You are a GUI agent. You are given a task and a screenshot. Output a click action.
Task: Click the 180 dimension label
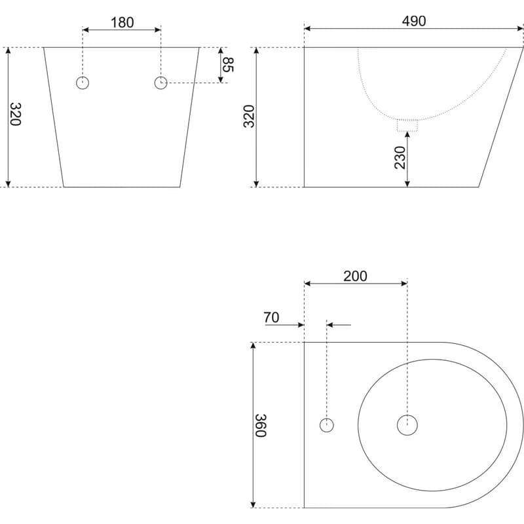[122, 23]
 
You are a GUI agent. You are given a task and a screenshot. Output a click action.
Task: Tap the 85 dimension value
[228, 64]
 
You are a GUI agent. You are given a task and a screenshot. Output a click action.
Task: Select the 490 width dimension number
[414, 21]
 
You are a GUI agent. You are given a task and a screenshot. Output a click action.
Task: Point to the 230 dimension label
[400, 157]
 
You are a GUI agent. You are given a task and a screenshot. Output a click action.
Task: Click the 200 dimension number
[355, 276]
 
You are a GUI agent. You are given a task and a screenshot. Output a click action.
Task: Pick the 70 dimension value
[271, 318]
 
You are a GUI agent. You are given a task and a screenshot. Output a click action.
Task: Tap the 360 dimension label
[261, 425]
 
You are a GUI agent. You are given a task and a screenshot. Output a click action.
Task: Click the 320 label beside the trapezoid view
[15, 114]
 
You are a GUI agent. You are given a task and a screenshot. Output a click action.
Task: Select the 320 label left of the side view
[249, 117]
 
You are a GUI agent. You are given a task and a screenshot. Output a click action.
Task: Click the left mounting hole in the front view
[83, 83]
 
